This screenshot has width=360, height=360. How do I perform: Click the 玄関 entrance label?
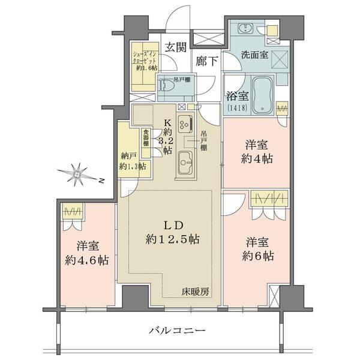click(x=175, y=47)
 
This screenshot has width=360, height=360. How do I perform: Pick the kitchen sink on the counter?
click(x=185, y=161)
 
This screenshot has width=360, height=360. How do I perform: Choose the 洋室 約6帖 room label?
click(x=259, y=249)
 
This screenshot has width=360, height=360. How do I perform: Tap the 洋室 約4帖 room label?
click(x=259, y=152)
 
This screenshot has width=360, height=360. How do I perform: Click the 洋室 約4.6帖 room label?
click(x=88, y=253)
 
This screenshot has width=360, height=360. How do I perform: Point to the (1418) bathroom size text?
click(x=237, y=109)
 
